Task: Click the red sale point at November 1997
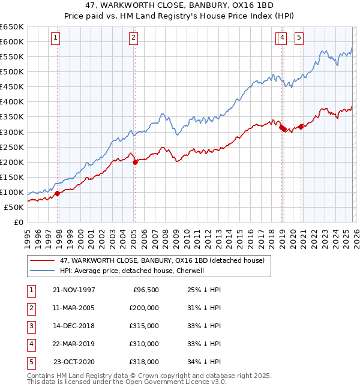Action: click(x=58, y=193)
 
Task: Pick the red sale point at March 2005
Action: click(x=135, y=162)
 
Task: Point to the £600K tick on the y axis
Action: click(x=12, y=41)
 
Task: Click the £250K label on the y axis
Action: click(x=12, y=147)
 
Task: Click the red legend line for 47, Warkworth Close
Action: click(x=43, y=260)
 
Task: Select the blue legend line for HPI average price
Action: click(x=43, y=271)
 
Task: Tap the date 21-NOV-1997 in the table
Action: click(x=74, y=290)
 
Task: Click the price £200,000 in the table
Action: click(x=143, y=308)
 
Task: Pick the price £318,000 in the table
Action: click(x=143, y=362)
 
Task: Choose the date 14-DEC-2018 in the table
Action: click(x=74, y=326)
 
